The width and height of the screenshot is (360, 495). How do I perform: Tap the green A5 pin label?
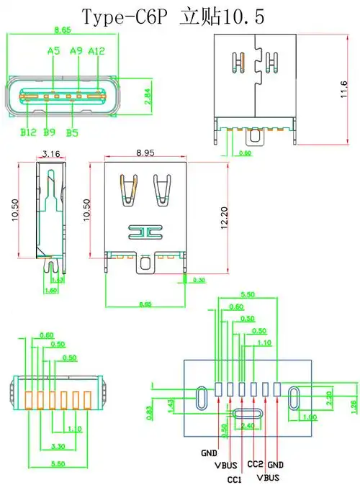pyautogui.click(x=53, y=51)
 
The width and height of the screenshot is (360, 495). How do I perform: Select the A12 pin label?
pyautogui.click(x=96, y=51)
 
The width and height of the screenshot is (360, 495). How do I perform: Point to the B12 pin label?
pyautogui.click(x=28, y=132)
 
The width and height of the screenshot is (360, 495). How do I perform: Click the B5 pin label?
pyautogui.click(x=73, y=132)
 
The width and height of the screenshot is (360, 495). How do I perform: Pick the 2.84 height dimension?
pyautogui.click(x=148, y=96)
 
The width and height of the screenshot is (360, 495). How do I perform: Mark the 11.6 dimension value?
pyautogui.click(x=343, y=89)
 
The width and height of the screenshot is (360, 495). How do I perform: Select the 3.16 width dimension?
pyautogui.click(x=51, y=153)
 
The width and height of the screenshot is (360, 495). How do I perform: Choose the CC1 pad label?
pyautogui.click(x=234, y=479)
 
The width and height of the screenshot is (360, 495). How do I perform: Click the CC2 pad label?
pyautogui.click(x=255, y=463)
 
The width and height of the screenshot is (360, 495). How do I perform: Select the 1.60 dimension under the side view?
pyautogui.click(x=51, y=290)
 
